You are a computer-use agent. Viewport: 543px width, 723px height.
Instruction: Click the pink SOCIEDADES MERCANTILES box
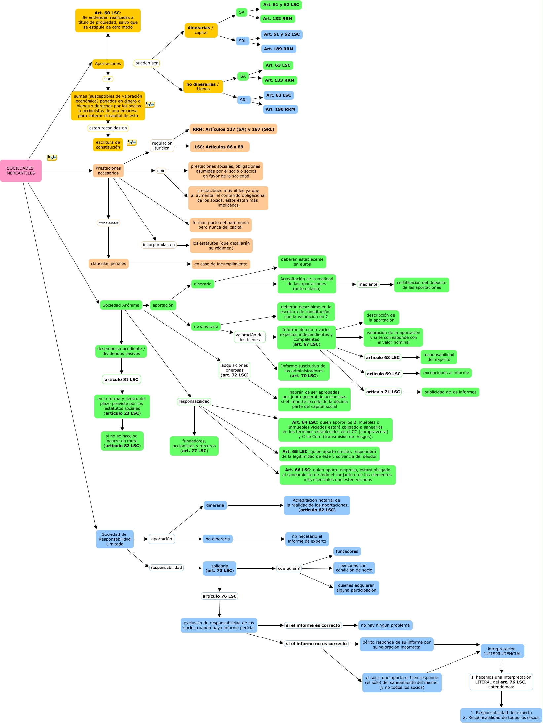pos(21,171)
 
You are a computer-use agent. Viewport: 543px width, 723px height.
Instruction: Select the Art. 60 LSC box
pos(108,20)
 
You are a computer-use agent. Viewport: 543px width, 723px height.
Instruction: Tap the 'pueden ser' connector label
pos(146,63)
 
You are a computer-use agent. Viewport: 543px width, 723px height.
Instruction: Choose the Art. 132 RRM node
pos(277,19)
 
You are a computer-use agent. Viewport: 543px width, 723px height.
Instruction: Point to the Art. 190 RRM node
pos(280,109)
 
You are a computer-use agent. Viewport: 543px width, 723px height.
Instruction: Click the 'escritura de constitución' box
pos(108,145)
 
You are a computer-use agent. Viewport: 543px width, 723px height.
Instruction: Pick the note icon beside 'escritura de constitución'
pos(132,142)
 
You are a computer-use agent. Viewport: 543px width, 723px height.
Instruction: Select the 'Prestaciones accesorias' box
pos(108,171)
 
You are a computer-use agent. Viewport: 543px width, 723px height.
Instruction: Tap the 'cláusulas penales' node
pos(108,264)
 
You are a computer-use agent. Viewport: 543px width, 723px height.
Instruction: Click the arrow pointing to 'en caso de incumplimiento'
pos(189,264)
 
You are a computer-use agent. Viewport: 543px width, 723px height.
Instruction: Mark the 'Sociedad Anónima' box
pos(121,305)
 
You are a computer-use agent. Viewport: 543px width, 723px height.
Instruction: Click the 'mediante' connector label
pos(368,284)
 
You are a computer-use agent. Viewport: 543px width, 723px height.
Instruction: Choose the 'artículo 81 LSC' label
pos(122,380)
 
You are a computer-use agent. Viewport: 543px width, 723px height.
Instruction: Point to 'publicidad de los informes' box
pos(450,392)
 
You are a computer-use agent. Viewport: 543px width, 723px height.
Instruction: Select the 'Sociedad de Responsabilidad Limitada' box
pos(115,539)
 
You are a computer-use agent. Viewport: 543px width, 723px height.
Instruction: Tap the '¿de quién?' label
pos(289,568)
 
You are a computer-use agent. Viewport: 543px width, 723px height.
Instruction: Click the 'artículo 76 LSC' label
pos(220,596)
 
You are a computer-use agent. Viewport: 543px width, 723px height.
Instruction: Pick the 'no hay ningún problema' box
pos(385,625)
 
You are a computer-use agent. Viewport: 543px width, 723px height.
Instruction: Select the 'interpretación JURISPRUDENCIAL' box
pos(502,651)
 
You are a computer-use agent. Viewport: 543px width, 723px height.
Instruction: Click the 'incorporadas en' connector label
pos(159,245)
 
